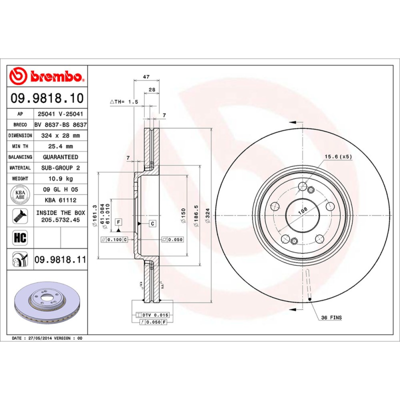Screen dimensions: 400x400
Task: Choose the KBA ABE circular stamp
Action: (x=20, y=195)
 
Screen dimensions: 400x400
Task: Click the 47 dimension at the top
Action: (x=146, y=77)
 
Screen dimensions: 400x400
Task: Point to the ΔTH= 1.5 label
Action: (x=123, y=101)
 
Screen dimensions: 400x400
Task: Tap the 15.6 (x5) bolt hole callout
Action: (x=338, y=156)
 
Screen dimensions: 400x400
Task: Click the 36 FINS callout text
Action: (x=331, y=317)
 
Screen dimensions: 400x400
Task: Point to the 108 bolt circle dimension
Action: (x=302, y=211)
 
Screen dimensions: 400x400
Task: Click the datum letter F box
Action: (x=118, y=221)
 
